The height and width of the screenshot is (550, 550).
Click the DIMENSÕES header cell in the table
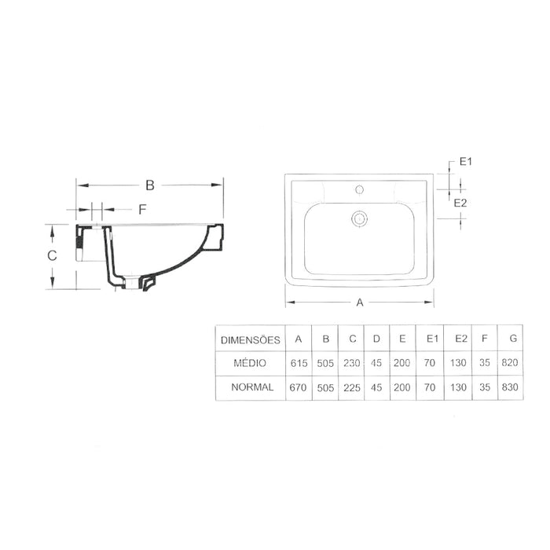click(250, 340)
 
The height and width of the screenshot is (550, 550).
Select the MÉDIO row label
click(250, 364)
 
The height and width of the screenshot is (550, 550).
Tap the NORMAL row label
click(250, 387)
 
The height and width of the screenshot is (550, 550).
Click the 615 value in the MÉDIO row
click(299, 364)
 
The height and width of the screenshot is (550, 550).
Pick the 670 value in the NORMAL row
click(299, 387)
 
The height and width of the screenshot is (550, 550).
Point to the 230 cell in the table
click(352, 364)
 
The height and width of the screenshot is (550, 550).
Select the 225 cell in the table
click(352, 387)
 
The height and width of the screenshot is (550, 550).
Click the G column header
click(513, 340)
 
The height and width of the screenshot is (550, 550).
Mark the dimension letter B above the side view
click(150, 185)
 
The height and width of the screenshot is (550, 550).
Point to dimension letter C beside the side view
click(50, 255)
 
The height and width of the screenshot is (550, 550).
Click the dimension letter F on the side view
click(142, 209)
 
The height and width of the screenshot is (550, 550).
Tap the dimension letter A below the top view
click(361, 302)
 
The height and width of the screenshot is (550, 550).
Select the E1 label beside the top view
click(464, 163)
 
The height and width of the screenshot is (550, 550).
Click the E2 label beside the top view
click(463, 203)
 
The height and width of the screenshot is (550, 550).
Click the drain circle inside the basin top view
click(361, 218)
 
